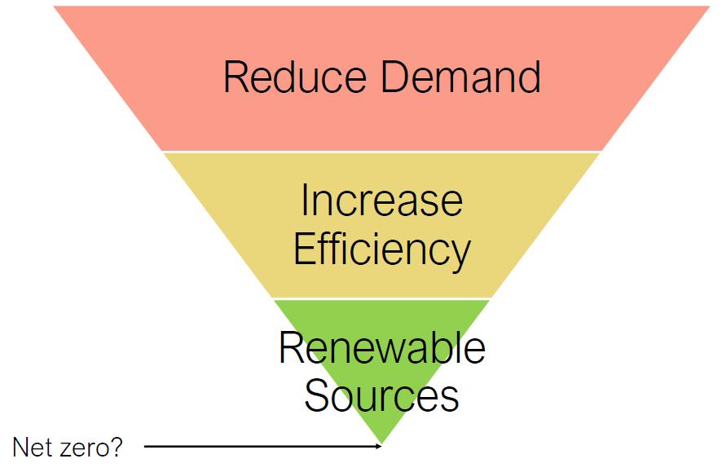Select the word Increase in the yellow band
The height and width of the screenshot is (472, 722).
coord(381,201)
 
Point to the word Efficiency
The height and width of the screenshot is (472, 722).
coord(381,249)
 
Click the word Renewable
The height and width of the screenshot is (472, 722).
coord(381,348)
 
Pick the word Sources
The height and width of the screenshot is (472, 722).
coord(381,395)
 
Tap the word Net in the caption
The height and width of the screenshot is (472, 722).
coord(31,448)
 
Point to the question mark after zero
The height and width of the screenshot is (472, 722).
coord(117,448)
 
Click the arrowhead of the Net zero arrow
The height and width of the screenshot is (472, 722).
coord(378,446)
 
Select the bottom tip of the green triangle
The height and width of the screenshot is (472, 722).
coord(381,442)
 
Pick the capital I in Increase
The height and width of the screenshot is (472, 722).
coord(305,201)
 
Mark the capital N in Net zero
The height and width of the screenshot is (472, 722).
coord(20,448)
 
